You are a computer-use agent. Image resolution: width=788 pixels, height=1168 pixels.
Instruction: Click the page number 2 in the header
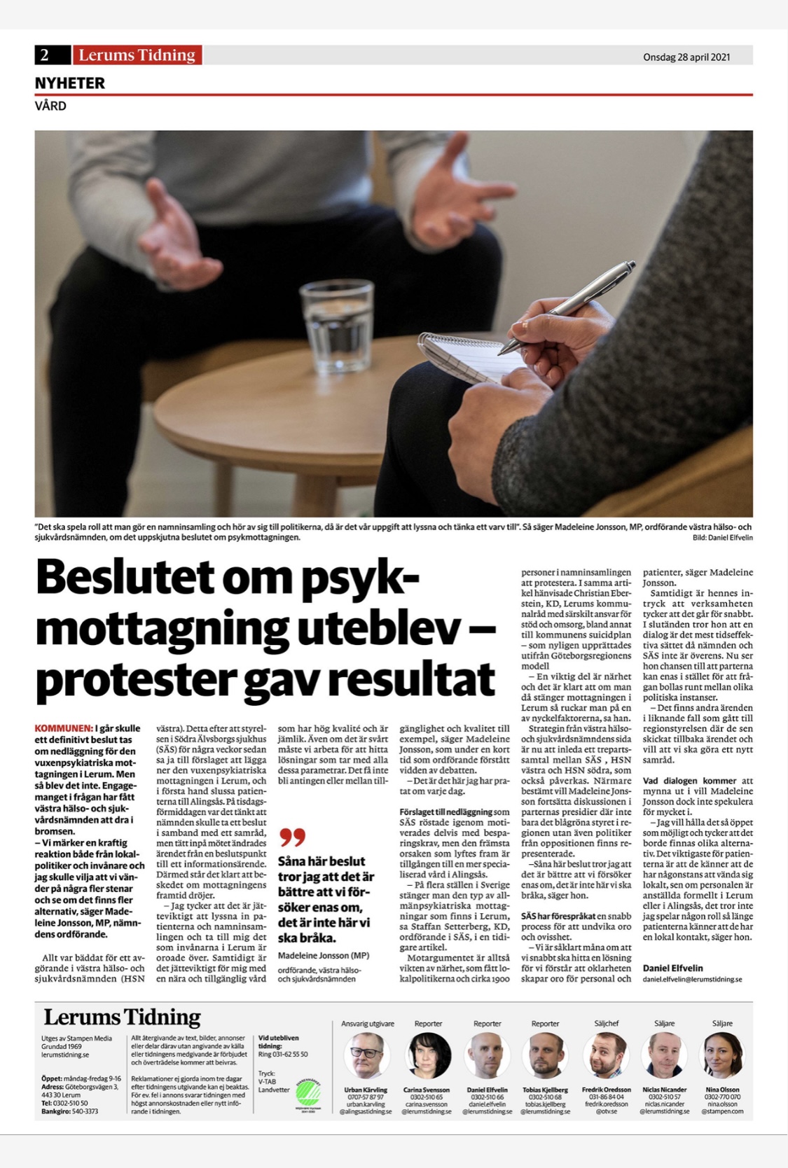pos(45,55)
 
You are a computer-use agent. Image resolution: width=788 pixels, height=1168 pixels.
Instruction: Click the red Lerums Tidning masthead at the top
pos(137,55)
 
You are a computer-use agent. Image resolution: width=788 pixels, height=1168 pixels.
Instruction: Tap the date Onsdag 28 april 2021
pos(686,57)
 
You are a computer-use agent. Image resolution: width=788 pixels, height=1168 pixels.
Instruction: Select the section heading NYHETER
pos(70,83)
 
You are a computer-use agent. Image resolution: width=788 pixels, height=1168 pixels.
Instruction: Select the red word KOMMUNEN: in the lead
pos(64,728)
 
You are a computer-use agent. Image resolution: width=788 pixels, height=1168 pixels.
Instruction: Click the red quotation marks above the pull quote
pos(292,837)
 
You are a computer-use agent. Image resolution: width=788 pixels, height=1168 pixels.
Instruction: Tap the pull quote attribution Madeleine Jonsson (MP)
pos(323,955)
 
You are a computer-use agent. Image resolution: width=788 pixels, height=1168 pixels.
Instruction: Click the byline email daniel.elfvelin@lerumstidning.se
pos(692,979)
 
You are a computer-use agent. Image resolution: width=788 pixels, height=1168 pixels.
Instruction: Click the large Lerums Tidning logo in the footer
pos(122,1017)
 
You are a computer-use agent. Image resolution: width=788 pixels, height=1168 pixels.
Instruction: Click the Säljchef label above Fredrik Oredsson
pos(606,1023)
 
